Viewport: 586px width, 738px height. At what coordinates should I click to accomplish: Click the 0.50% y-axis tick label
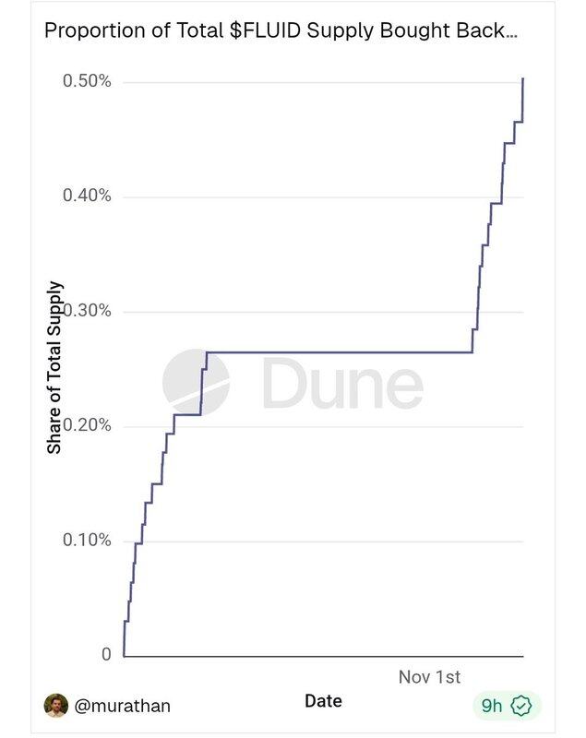(x=87, y=81)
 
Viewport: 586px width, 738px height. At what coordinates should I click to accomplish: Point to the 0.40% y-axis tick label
(x=87, y=196)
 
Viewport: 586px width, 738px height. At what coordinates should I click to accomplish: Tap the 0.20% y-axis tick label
(x=87, y=425)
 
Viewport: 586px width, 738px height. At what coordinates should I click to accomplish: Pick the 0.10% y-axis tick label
(x=87, y=540)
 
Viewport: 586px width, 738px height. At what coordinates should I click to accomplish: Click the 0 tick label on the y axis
(x=105, y=655)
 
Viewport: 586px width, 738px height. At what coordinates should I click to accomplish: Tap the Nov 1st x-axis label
(x=429, y=677)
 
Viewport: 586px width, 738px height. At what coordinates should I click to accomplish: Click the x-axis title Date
(x=323, y=701)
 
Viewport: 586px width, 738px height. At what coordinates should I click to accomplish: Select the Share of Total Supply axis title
(x=54, y=367)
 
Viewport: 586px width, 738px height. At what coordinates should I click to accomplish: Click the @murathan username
(x=122, y=706)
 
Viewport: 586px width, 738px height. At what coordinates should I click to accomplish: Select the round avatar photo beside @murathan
(x=56, y=706)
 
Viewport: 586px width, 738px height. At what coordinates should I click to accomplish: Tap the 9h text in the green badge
(x=492, y=706)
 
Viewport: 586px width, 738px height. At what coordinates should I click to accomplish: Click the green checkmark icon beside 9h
(x=521, y=706)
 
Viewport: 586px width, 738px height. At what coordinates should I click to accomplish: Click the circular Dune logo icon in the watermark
(x=197, y=382)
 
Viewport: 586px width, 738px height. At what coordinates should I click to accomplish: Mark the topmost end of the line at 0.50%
(x=523, y=79)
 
